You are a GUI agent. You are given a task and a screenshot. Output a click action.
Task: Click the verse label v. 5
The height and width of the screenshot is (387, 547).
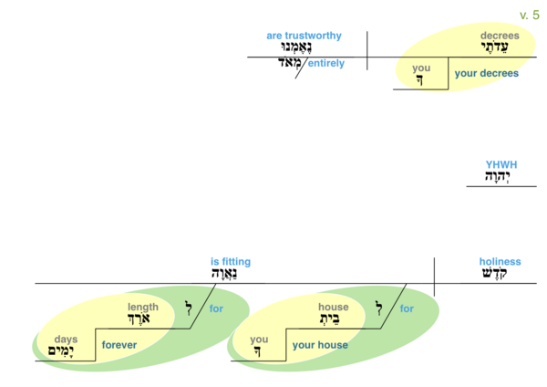(x=529, y=16)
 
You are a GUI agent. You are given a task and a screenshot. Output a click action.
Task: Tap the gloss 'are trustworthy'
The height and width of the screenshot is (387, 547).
(x=304, y=36)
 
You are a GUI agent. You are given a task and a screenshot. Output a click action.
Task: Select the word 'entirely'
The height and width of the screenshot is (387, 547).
(x=325, y=64)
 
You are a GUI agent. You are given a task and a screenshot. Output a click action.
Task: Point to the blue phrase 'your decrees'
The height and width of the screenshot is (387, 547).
(x=486, y=74)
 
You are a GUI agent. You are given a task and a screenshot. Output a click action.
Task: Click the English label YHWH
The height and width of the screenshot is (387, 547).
(x=501, y=165)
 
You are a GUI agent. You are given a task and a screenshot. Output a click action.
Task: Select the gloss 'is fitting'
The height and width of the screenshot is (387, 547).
(x=230, y=262)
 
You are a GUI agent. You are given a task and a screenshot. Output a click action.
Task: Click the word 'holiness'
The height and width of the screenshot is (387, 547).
(x=500, y=262)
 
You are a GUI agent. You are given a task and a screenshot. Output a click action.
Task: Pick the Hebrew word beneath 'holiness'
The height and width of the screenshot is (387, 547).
(x=500, y=275)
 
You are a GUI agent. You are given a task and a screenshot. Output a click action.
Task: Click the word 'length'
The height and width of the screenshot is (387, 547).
(x=143, y=308)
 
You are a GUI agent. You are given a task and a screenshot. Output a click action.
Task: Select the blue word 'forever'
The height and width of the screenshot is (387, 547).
(x=119, y=346)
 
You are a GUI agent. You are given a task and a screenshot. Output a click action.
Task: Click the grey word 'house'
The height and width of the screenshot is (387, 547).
(x=334, y=308)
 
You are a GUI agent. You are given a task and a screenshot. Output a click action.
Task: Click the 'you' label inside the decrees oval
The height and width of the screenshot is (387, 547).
(x=421, y=68)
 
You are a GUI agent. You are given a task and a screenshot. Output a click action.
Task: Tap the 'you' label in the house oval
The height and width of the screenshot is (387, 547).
(x=259, y=340)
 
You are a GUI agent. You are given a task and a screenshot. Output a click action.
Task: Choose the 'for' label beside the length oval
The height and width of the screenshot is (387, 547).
(x=216, y=309)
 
